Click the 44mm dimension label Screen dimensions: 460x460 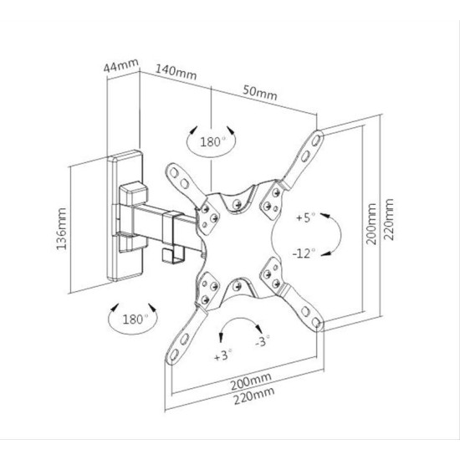pyautogui.click(x=120, y=66)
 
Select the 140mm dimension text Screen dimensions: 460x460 pyautogui.click(x=176, y=73)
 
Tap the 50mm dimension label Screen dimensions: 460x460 pyautogui.click(x=260, y=93)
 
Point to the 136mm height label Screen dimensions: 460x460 pyautogui.click(x=61, y=228)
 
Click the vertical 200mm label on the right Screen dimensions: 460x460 pyautogui.click(x=371, y=224)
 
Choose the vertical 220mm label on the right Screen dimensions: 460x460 pyautogui.click(x=388, y=219)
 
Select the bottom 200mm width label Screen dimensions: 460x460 pyautogui.click(x=251, y=381)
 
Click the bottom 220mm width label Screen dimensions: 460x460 pyautogui.click(x=254, y=396)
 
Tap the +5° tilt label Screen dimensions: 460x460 pyautogui.click(x=305, y=217)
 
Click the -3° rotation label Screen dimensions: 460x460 pyautogui.click(x=262, y=341)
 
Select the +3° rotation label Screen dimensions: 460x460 pyautogui.click(x=223, y=355)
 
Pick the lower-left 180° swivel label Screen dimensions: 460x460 pyautogui.click(x=133, y=319)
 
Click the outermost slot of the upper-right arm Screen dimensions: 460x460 pyautogui.click(x=317, y=139)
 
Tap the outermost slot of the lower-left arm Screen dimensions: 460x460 pyautogui.click(x=174, y=355)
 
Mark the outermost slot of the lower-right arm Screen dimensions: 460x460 pyautogui.click(x=316, y=322)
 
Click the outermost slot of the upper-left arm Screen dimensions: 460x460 pyautogui.click(x=174, y=172)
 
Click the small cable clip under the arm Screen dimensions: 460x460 pyautogui.click(x=174, y=254)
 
